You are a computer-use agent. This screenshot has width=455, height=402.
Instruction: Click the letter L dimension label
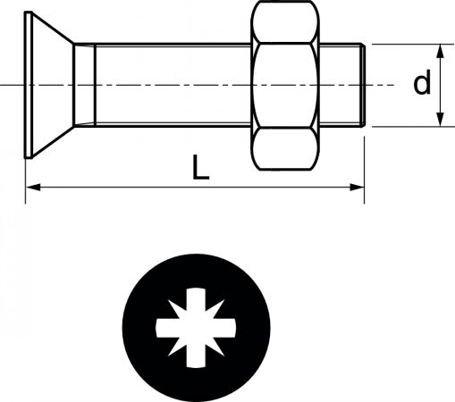click(x=200, y=167)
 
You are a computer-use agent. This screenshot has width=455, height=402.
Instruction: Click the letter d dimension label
click(x=422, y=82)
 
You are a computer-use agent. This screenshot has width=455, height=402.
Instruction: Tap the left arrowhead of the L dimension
click(x=33, y=188)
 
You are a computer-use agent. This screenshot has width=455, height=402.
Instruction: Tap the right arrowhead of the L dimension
click(x=357, y=188)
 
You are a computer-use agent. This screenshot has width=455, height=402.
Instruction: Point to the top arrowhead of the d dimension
click(x=440, y=51)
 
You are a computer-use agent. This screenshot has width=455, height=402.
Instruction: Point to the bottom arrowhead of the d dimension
click(x=440, y=120)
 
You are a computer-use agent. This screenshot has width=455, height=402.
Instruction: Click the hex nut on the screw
click(x=285, y=86)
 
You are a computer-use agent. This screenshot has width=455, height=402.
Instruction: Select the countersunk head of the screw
click(x=49, y=85)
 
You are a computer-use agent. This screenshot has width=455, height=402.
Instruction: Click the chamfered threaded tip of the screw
click(x=362, y=86)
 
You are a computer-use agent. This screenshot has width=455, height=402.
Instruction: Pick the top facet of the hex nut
click(x=285, y=22)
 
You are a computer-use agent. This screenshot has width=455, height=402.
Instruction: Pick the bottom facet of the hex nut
click(x=285, y=148)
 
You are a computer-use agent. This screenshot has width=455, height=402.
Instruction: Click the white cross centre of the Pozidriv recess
click(x=196, y=328)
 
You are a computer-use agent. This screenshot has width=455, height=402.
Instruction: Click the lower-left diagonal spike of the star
click(x=176, y=348)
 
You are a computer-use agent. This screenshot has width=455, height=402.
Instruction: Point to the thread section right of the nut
click(x=339, y=86)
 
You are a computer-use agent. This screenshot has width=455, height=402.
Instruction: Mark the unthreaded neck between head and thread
click(x=85, y=86)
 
